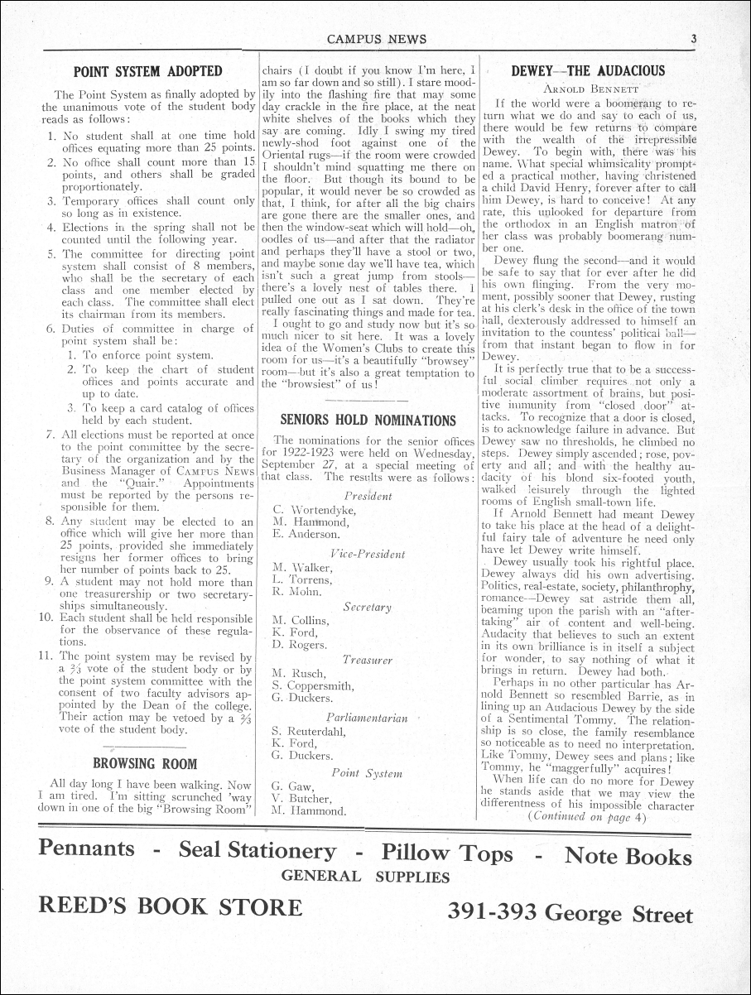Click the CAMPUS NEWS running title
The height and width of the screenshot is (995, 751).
(x=377, y=39)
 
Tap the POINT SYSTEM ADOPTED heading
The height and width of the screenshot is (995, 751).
(x=148, y=71)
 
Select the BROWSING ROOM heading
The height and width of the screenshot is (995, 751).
(x=145, y=762)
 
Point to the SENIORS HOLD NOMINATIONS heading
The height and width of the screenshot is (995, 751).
(x=368, y=420)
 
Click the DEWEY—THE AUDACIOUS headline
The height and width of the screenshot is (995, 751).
(x=588, y=71)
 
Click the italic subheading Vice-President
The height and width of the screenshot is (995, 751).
(x=367, y=554)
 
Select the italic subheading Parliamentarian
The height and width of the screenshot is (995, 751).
(x=367, y=717)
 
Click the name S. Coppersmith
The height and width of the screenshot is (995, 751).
(x=313, y=685)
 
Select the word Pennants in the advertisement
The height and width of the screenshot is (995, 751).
(x=87, y=848)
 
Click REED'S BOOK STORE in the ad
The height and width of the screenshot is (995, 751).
(x=170, y=908)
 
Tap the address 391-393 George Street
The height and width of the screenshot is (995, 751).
(x=570, y=914)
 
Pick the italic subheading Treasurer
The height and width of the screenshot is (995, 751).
(x=367, y=660)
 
